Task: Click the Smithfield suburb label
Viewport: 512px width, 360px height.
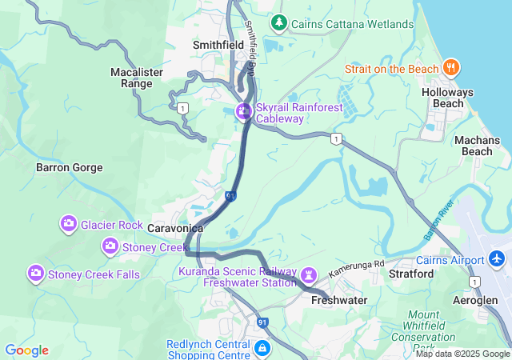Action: [x=218, y=46]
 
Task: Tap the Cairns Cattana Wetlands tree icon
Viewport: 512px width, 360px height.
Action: [x=278, y=23]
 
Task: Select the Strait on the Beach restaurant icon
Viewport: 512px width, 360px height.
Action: [x=451, y=68]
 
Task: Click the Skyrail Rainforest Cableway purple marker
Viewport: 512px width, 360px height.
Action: [x=242, y=111]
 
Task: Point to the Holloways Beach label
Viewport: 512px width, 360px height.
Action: [x=447, y=98]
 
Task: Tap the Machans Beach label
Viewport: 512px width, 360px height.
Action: [x=482, y=146]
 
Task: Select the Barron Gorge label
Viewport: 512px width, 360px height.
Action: [x=70, y=168]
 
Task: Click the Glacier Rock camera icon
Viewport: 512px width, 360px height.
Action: [x=69, y=224]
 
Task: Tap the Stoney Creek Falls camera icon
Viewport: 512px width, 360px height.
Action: [x=36, y=274]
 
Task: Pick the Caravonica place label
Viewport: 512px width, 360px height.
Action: [x=174, y=228]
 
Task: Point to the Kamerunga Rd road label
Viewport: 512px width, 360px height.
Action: [x=357, y=267]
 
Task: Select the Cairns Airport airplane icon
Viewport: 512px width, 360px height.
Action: [x=498, y=260]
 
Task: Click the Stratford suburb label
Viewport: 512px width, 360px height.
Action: [x=410, y=274]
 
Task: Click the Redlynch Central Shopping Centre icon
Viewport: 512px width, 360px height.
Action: [x=262, y=348]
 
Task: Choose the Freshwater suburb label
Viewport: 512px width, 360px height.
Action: [x=338, y=300]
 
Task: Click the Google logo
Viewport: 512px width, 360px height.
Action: [x=26, y=350]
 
